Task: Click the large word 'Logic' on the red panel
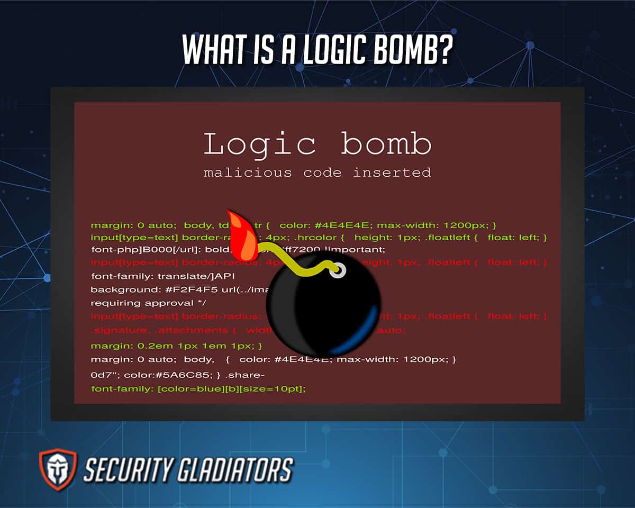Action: (260, 144)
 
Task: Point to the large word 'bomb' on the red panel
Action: (386, 144)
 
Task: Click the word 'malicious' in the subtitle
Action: (247, 173)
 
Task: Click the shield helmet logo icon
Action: (58, 470)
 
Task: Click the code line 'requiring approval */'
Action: (148, 303)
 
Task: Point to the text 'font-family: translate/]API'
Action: (162, 276)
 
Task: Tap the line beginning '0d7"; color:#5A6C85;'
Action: (178, 375)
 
